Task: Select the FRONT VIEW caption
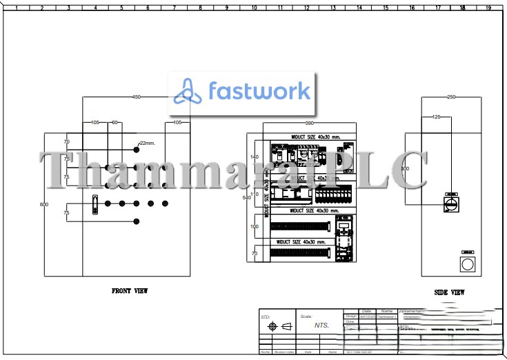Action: (x=130, y=291)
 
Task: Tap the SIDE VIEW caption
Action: (x=449, y=292)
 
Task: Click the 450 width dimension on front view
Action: (x=136, y=97)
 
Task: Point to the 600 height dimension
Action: (x=44, y=204)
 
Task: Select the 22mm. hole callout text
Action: (x=148, y=143)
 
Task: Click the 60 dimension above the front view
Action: (x=115, y=122)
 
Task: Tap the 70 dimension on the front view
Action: (x=67, y=141)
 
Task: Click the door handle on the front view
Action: (x=95, y=205)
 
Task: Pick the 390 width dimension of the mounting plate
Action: (x=310, y=123)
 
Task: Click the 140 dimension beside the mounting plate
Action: (x=254, y=157)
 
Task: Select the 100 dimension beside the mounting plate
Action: (x=254, y=226)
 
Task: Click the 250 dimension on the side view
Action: (x=451, y=97)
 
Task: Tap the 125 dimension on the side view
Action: (x=436, y=117)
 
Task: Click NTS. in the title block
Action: (x=321, y=326)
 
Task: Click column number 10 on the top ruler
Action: (x=254, y=8)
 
